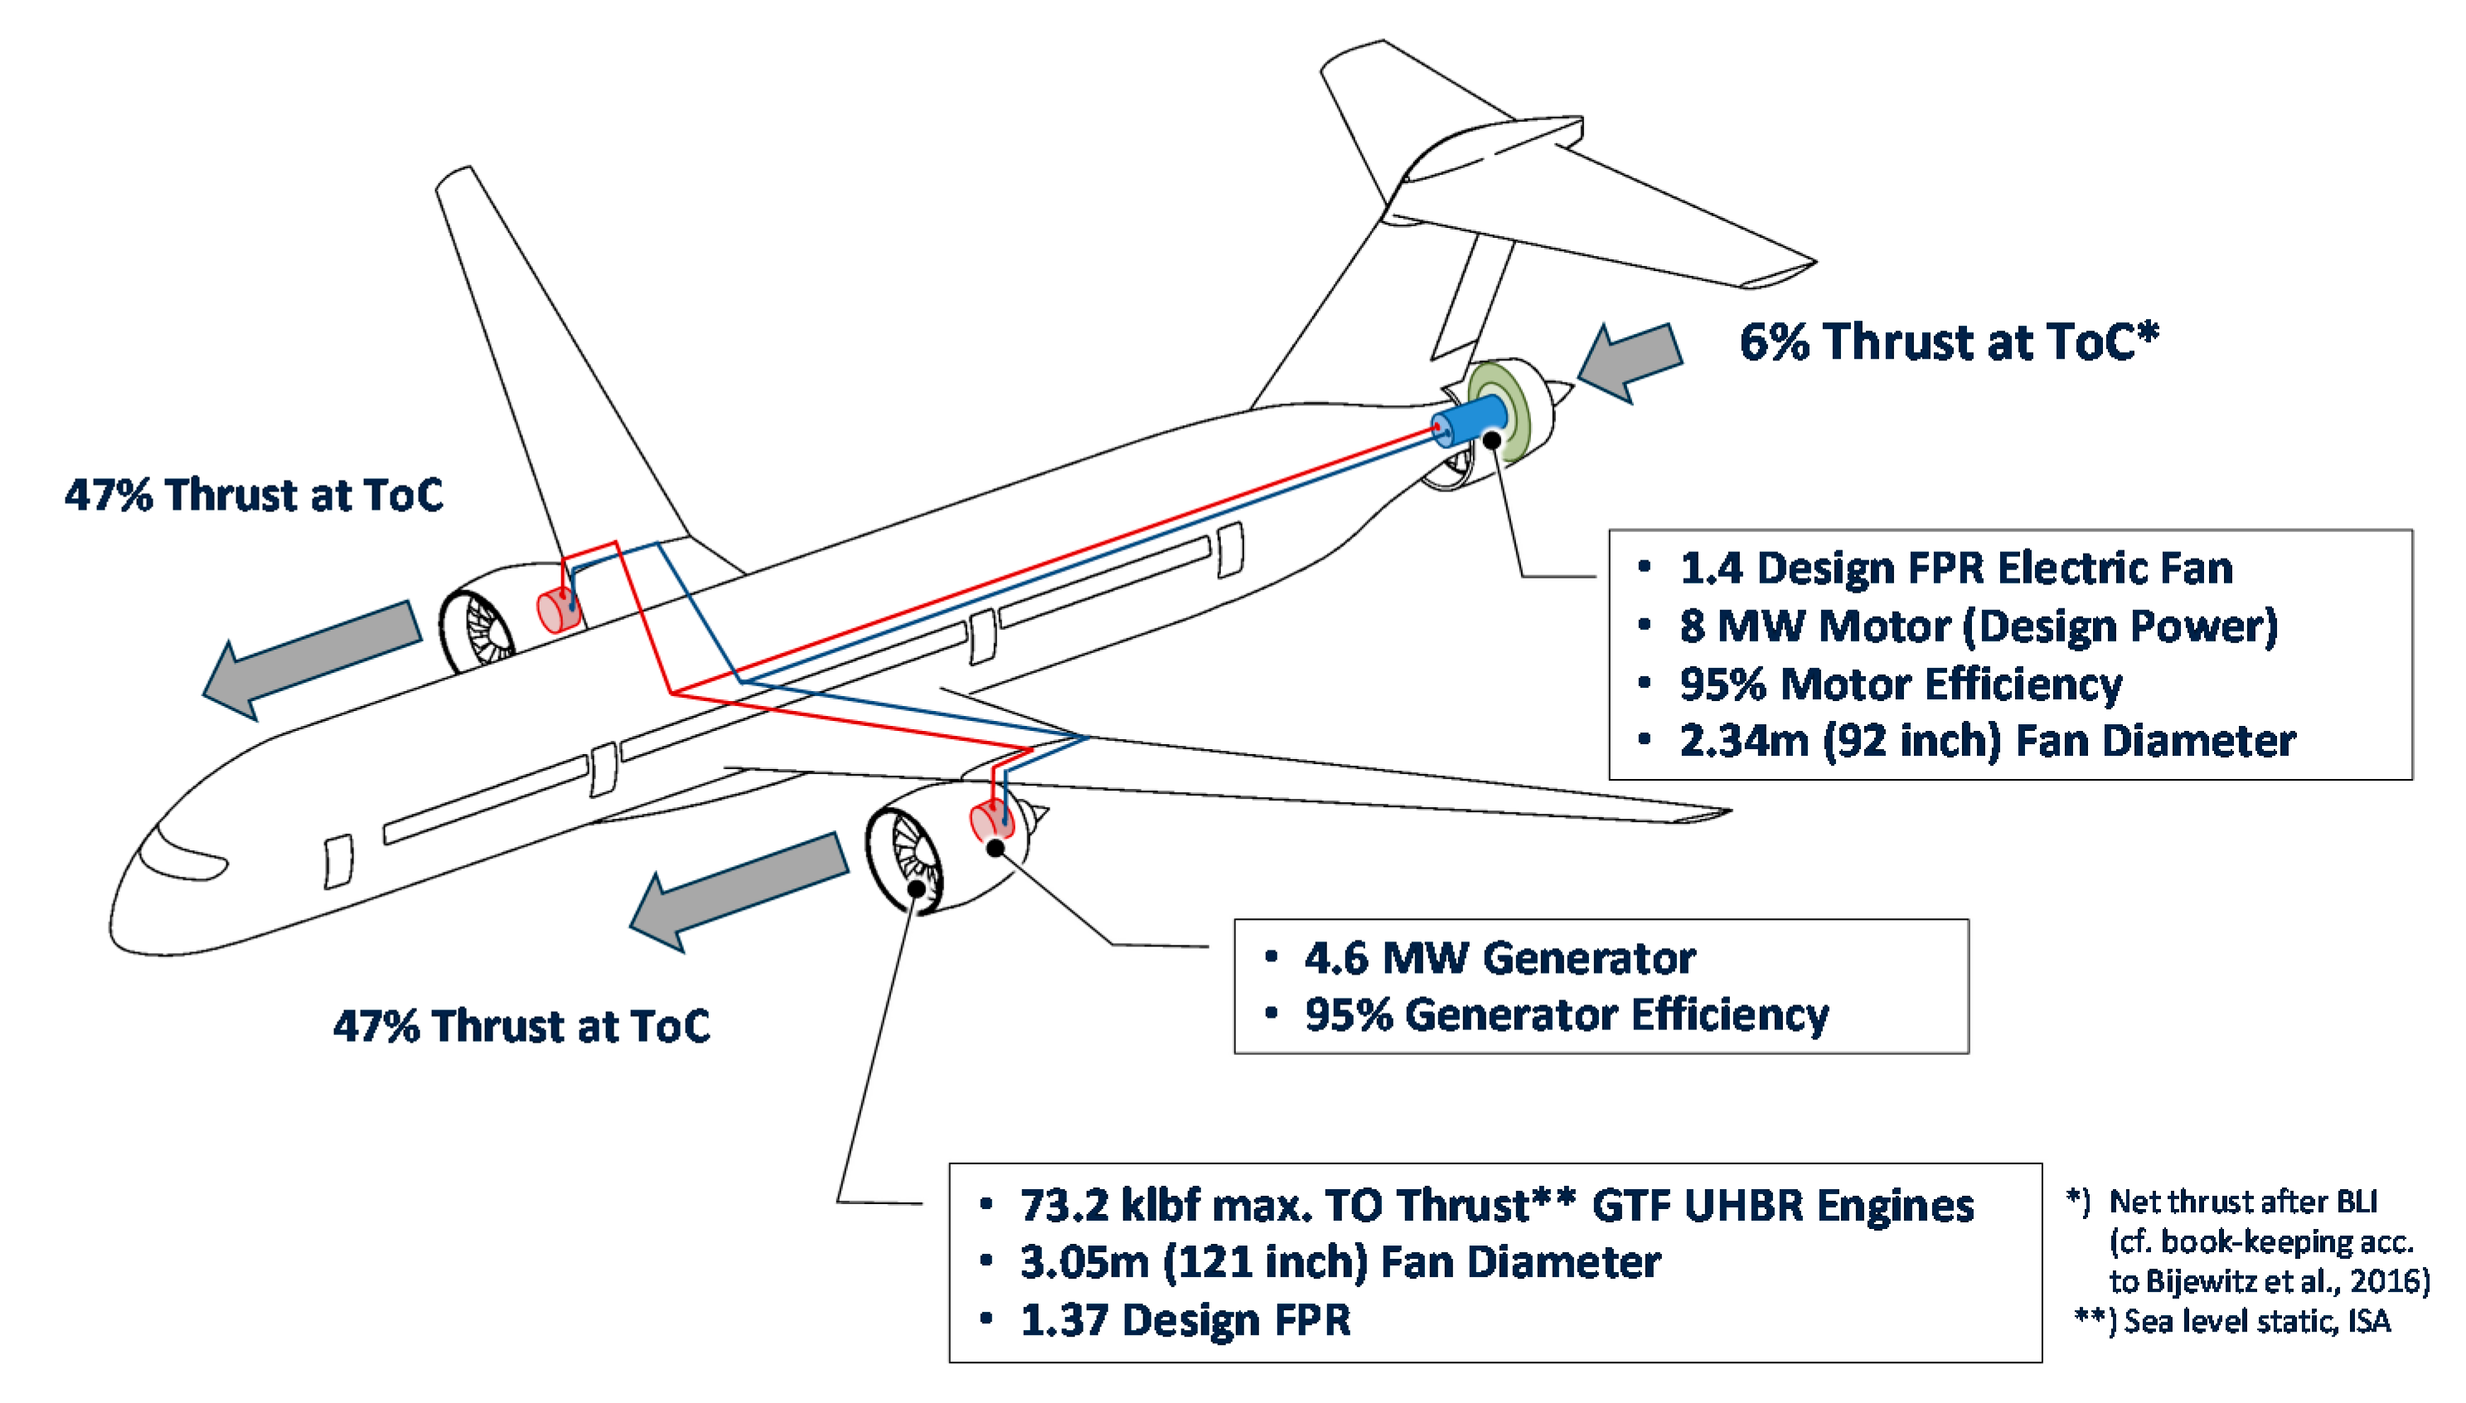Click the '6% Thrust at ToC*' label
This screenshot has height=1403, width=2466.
pos(1949,342)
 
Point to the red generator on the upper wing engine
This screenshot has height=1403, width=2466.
pos(558,610)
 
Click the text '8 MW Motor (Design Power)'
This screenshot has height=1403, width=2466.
pos(1978,627)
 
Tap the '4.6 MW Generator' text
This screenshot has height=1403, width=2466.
pos(1499,959)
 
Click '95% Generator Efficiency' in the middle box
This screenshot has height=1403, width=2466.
pos(1566,1014)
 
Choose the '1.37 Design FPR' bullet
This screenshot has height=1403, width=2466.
pos(1185,1320)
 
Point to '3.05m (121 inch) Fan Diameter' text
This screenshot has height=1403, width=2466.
pos(1340,1262)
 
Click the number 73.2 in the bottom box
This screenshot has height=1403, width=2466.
pos(1063,1206)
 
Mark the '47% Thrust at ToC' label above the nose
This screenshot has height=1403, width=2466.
pos(254,496)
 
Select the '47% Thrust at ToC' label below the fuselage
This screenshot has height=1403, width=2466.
pos(521,1026)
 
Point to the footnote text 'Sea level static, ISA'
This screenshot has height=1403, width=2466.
pos(2257,1321)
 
